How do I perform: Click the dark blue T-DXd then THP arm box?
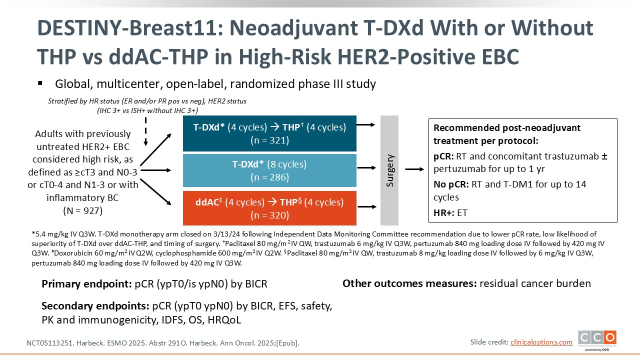click(269, 133)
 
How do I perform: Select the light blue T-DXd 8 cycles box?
click(269, 170)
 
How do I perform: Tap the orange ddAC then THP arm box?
click(269, 208)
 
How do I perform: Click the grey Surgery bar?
click(389, 170)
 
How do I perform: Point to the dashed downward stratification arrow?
click(145, 131)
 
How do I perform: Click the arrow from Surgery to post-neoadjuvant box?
click(414, 169)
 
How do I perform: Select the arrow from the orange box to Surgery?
click(367, 206)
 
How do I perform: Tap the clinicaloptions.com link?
click(541, 342)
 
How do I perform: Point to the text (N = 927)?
click(83, 210)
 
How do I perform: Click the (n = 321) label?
click(269, 140)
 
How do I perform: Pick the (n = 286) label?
click(269, 177)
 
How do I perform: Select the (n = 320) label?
click(269, 215)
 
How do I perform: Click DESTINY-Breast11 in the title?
click(130, 28)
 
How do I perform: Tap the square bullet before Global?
click(40, 83)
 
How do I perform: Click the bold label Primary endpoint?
click(87, 284)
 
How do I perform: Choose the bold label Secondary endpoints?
click(95, 306)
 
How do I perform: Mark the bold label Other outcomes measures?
click(409, 283)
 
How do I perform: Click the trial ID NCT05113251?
click(49, 343)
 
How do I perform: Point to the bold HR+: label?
click(443, 213)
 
